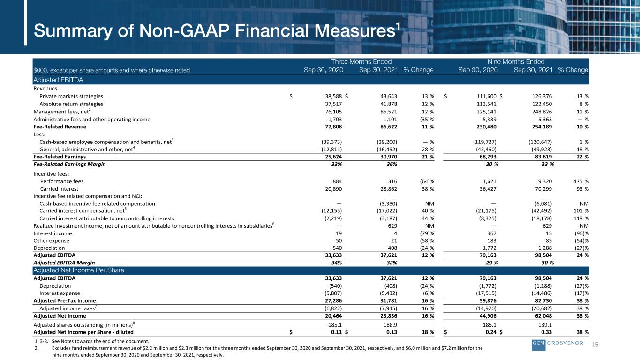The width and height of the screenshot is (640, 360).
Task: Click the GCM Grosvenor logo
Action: click(x=557, y=345)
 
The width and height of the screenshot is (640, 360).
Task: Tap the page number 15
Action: click(x=595, y=344)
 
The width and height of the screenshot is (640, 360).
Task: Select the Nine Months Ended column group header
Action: click(x=516, y=62)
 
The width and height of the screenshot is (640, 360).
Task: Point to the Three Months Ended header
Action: click(x=361, y=62)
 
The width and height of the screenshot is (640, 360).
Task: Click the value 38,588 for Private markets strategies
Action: click(x=333, y=96)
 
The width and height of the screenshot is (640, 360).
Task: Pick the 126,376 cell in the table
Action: click(x=542, y=96)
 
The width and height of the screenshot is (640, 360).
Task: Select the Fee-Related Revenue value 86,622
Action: click(x=389, y=127)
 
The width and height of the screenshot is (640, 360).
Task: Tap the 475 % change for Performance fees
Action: click(x=581, y=181)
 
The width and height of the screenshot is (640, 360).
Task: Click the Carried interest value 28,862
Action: click(x=389, y=189)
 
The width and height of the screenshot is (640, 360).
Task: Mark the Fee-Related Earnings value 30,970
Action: click(x=389, y=157)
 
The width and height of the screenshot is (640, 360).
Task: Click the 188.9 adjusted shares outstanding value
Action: click(x=390, y=325)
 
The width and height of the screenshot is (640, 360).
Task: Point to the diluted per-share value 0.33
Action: click(x=546, y=332)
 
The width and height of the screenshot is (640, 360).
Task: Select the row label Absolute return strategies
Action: click(x=71, y=104)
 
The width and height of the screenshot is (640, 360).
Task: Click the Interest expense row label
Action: click(x=60, y=293)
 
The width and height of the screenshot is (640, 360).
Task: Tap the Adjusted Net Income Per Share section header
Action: click(x=79, y=270)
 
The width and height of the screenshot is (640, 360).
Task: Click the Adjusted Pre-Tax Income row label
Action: click(x=65, y=300)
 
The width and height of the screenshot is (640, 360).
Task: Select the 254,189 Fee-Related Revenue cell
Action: click(x=542, y=127)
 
